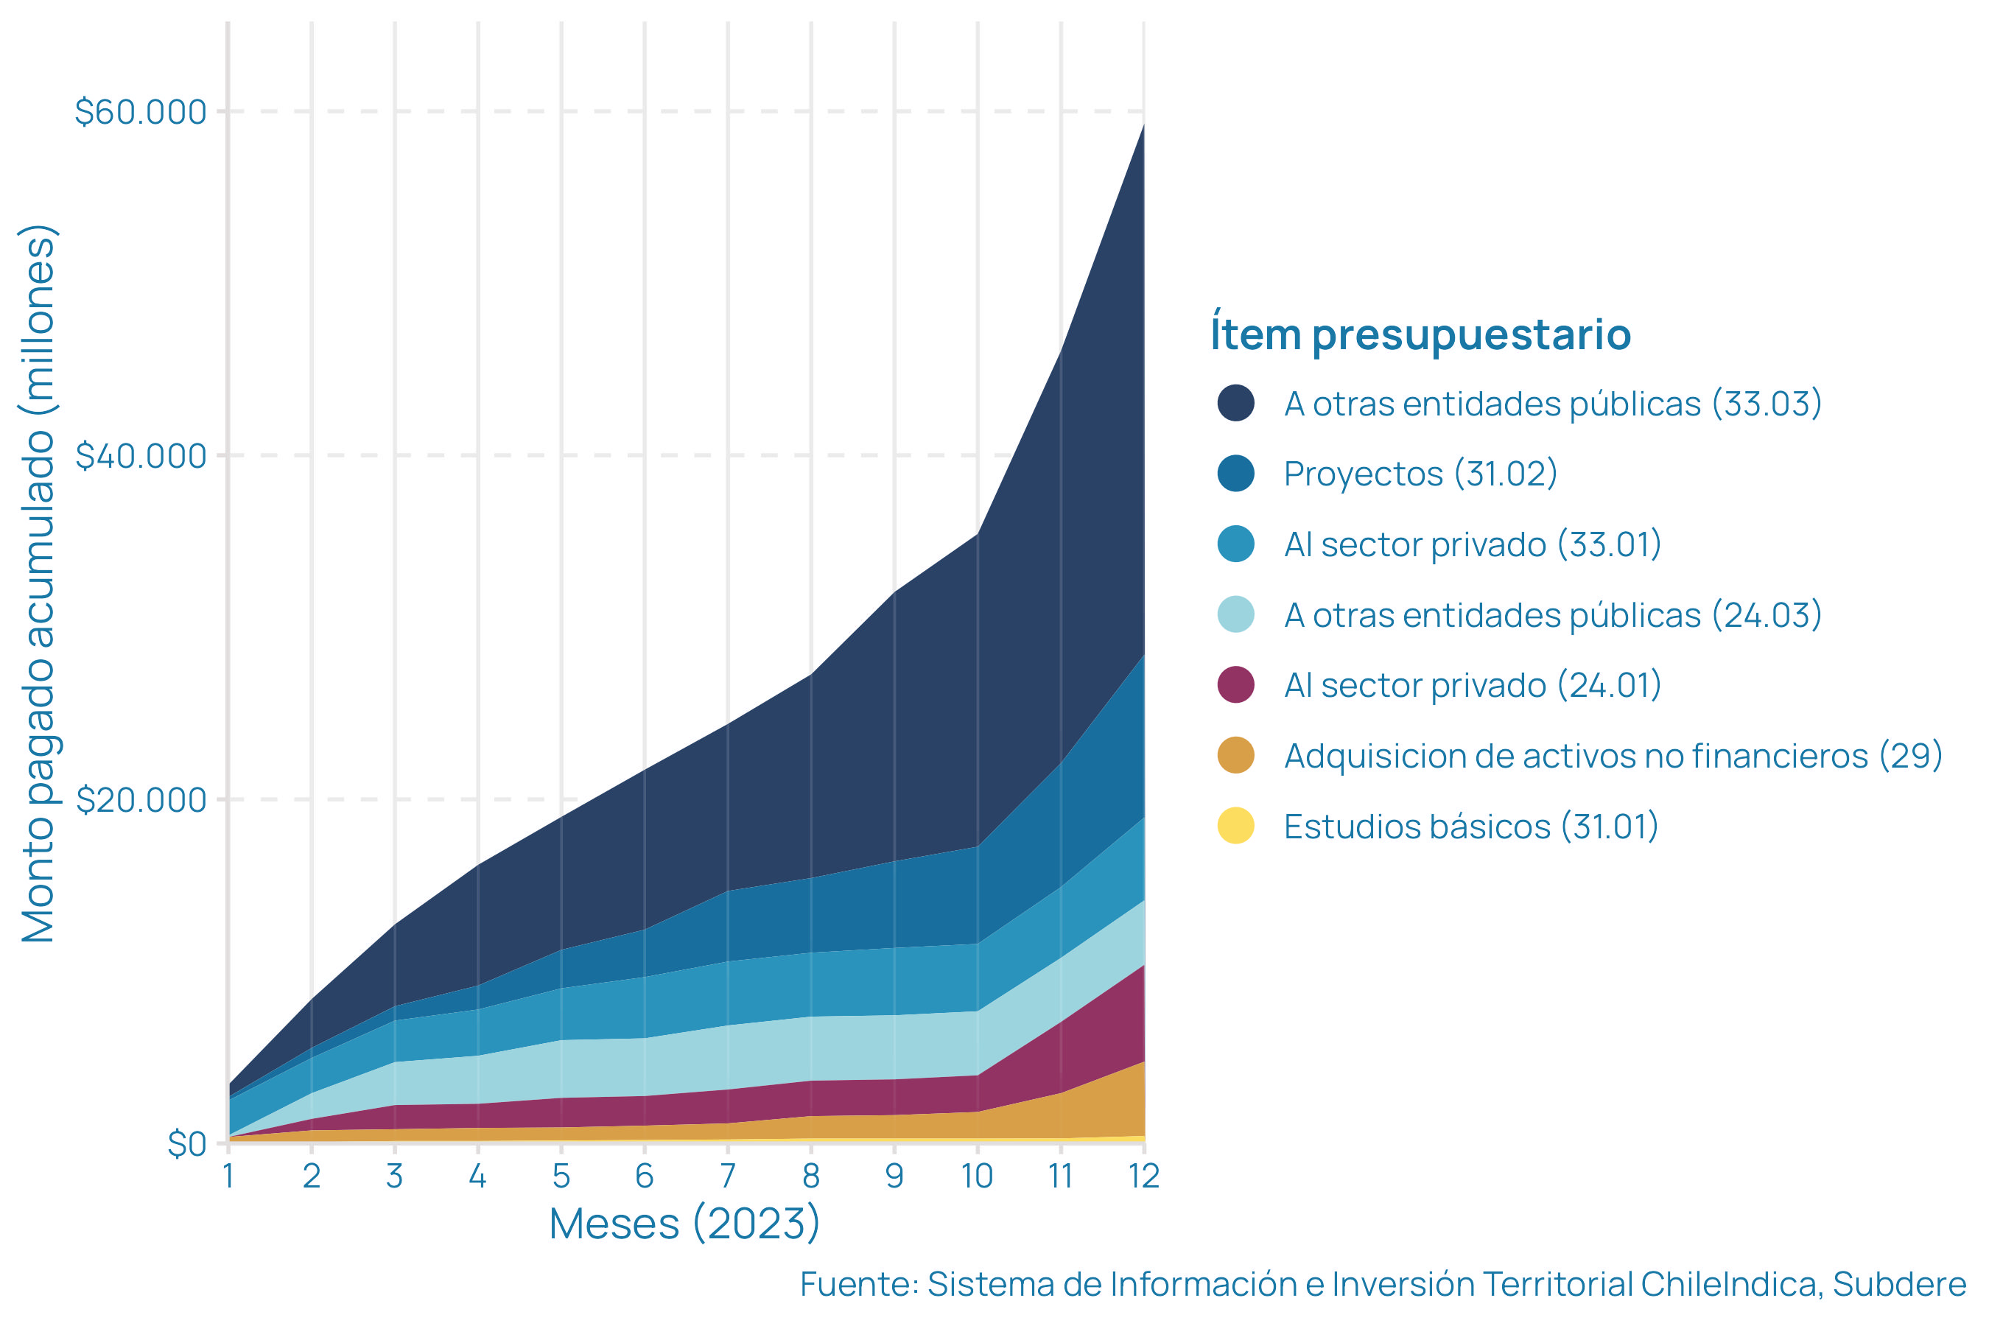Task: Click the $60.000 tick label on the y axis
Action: (x=141, y=112)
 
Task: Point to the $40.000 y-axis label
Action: (x=141, y=456)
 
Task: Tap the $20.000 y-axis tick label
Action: (x=141, y=799)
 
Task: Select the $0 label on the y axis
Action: (x=187, y=1143)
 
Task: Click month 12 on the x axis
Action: (x=1144, y=1176)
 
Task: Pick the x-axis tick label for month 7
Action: (x=728, y=1176)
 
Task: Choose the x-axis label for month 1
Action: (x=228, y=1176)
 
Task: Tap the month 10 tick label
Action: (x=978, y=1176)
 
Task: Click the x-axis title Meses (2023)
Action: (x=684, y=1224)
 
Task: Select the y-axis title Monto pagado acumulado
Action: (x=39, y=583)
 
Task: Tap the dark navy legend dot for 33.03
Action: (x=1235, y=402)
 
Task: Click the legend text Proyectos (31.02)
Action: (x=1420, y=474)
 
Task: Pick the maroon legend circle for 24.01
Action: (x=1235, y=685)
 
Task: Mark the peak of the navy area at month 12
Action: (x=1144, y=125)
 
